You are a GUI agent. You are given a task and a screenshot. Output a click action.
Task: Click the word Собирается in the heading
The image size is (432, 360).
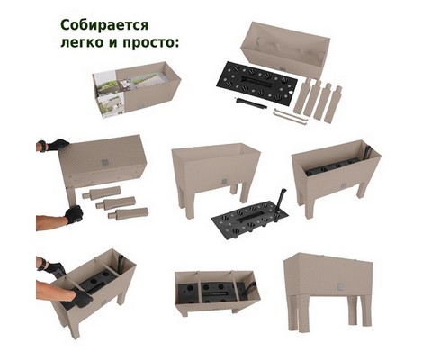pos(104,26)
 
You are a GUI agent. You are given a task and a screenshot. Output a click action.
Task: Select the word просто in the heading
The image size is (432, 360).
pos(148,43)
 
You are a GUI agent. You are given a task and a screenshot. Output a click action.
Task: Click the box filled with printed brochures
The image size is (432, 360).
pos(137,89)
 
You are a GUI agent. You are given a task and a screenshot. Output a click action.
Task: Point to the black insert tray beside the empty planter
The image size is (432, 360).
pos(256,83)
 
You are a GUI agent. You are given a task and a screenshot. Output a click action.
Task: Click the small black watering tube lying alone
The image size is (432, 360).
pos(250,103)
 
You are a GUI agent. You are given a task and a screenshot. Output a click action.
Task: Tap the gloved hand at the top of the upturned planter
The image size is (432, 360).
pos(56,145)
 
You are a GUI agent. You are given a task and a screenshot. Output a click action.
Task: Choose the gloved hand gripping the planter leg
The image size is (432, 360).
pos(74,214)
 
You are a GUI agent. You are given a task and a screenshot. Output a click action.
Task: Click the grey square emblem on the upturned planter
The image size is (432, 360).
pos(104,163)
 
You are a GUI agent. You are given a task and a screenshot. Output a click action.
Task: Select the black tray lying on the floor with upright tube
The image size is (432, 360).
pos(249,216)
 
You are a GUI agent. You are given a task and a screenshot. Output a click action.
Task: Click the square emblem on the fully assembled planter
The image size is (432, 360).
pos(339,286)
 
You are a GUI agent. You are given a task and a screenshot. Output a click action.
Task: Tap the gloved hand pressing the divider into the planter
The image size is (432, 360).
pos(82,299)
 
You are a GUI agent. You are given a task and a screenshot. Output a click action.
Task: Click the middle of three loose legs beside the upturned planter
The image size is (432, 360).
pos(116,203)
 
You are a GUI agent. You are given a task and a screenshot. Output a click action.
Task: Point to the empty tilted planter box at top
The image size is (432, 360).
pos(285,49)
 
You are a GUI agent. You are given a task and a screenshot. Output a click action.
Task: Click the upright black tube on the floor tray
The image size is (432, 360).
pos(280,201)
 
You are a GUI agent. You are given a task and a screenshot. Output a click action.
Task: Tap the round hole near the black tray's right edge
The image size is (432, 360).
pos(292,92)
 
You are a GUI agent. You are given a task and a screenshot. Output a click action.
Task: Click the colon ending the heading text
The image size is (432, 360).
pos(176,44)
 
